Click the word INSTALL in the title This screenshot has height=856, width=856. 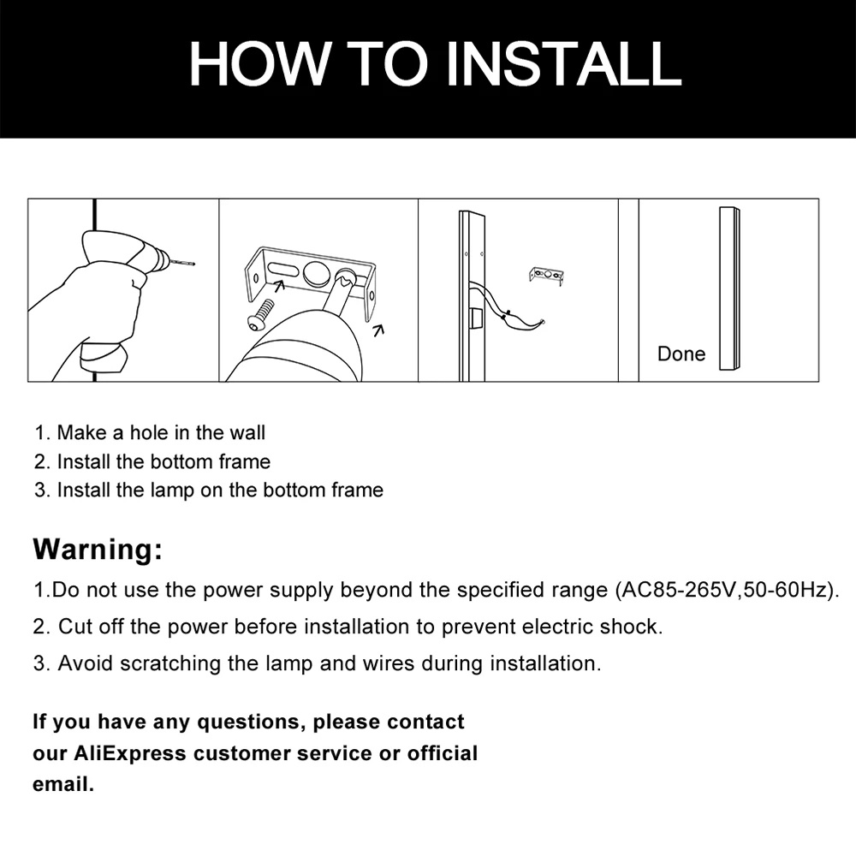tap(563, 63)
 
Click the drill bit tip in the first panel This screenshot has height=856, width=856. tap(193, 265)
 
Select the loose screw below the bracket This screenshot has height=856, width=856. tap(262, 315)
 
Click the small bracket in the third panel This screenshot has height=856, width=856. tap(546, 276)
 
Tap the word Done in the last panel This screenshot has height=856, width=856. tap(681, 354)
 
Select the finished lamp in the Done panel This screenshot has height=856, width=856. tap(729, 288)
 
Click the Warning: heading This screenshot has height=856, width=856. tap(98, 549)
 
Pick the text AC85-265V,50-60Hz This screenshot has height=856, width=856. tap(723, 591)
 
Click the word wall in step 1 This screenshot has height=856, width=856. tap(247, 433)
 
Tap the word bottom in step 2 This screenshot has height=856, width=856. tap(181, 462)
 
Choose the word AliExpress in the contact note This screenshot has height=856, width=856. tap(129, 753)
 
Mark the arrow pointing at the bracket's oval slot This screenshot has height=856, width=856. tap(279, 285)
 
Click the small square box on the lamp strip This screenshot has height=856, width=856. tap(475, 318)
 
